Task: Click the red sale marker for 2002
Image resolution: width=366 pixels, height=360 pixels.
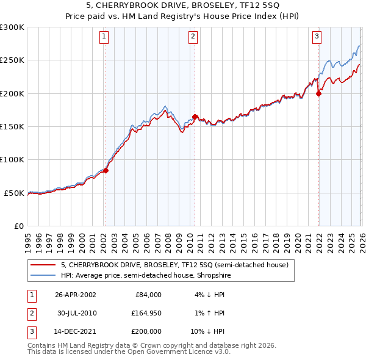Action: tap(106, 171)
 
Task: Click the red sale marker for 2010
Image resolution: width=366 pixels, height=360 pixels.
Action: tap(195, 117)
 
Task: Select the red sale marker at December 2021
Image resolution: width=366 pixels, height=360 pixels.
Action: tap(318, 93)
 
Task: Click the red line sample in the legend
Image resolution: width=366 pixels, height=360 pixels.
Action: tap(43, 265)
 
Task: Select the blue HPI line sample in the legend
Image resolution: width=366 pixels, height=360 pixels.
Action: tap(43, 275)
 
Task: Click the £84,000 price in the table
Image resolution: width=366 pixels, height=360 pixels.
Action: tap(148, 295)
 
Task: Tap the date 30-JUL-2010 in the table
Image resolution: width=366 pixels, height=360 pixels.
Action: tap(77, 313)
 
